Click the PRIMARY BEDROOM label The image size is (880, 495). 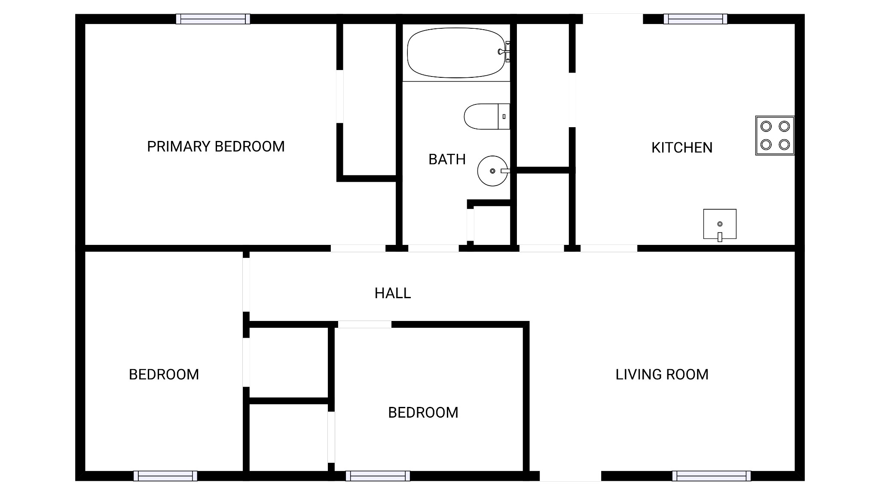(216, 147)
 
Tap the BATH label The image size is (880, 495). (447, 159)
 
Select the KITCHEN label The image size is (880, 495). (682, 148)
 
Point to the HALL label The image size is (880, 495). (393, 293)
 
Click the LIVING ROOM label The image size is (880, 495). (662, 375)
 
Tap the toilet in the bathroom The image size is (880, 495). (487, 116)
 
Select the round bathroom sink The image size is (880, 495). (493, 171)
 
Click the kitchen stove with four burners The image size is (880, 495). (775, 135)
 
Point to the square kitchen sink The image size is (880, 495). (720, 224)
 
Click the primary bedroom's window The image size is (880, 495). (213, 19)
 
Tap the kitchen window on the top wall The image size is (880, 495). (695, 19)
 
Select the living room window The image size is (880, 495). (712, 476)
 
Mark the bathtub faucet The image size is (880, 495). (504, 52)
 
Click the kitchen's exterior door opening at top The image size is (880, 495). (613, 19)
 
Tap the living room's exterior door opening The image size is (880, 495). (570, 476)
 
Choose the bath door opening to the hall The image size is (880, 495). (433, 248)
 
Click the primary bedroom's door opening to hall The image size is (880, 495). (358, 248)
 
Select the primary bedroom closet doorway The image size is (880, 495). (340, 97)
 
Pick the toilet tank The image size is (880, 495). (504, 116)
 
